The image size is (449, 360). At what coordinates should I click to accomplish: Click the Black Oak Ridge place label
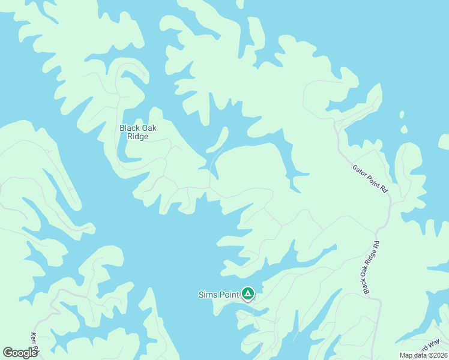137,132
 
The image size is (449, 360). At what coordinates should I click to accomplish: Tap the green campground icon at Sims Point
248,294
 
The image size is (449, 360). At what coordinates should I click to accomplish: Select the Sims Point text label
218,295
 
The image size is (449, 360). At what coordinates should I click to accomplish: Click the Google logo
20,352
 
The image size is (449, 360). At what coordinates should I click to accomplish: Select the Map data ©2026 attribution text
424,355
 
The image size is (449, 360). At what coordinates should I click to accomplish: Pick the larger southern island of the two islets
405,129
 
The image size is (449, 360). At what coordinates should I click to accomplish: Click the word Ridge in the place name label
137,136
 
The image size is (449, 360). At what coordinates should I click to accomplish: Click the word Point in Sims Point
228,295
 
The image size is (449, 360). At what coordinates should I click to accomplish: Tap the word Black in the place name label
130,128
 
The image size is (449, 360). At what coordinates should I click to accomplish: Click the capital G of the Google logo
8,352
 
